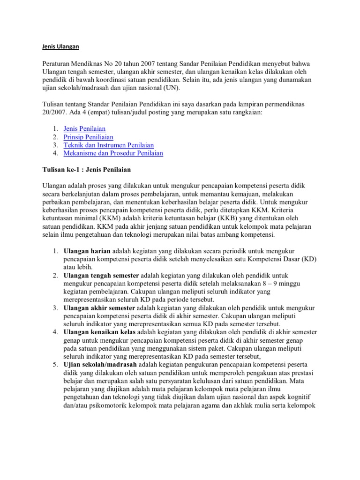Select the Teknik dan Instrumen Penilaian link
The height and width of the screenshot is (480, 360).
pos(108,145)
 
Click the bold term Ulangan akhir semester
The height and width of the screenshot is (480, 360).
pos(99,307)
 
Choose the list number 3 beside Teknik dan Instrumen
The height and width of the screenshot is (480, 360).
pos(55,145)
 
